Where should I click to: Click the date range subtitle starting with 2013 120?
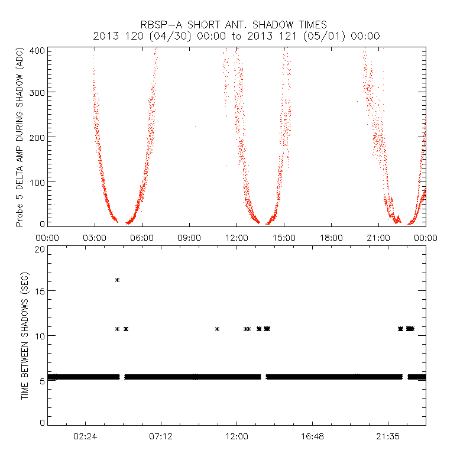[x=237, y=36]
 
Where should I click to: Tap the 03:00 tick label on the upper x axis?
[x=95, y=237]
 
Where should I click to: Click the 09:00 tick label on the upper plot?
[x=189, y=237]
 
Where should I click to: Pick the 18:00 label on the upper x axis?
[x=331, y=237]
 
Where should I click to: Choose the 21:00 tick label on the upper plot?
[x=378, y=237]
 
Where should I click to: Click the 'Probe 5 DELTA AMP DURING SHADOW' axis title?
[x=20, y=137]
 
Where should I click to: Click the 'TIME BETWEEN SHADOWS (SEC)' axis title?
[x=25, y=336]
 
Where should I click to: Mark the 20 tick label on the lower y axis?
[x=40, y=249]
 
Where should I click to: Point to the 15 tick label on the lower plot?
[x=40, y=291]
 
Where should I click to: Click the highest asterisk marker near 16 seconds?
[x=118, y=280]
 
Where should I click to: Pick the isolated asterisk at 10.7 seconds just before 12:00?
[x=218, y=329]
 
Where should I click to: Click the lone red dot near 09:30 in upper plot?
[x=195, y=127]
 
